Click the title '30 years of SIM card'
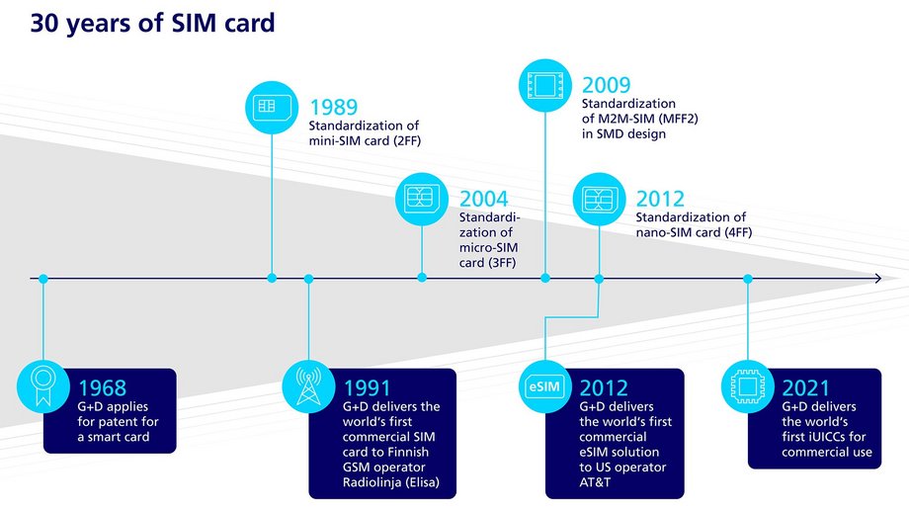pos(152,24)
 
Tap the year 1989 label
pos(334,107)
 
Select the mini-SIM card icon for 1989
pos(272,107)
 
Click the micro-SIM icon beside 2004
pos(422,200)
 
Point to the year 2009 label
pos(606,85)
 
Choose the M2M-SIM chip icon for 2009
pos(545,85)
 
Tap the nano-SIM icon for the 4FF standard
pos(599,200)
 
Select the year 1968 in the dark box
pos(102,388)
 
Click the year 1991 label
pos(367,388)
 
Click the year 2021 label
pos(806,388)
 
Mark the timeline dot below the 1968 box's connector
pos(42,279)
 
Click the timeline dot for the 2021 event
pos(747,279)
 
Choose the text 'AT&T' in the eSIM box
pos(596,482)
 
